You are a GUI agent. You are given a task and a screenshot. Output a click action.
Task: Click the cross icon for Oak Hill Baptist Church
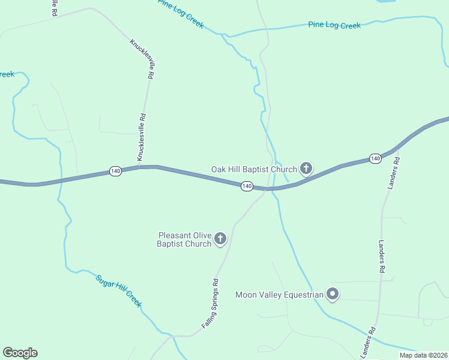tap(306, 168)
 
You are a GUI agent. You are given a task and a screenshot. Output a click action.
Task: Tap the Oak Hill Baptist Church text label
tap(254, 169)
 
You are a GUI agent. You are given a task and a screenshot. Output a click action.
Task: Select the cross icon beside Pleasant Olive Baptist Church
tap(220, 239)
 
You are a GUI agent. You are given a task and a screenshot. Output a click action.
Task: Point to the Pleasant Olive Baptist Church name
tap(184, 239)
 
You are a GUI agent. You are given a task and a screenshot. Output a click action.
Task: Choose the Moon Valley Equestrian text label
tap(279, 295)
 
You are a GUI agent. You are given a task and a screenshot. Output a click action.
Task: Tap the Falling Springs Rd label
tap(209, 303)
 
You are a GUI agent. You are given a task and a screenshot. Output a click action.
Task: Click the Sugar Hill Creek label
tap(119, 290)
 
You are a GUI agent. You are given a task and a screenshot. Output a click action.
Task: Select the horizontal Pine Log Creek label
tap(334, 25)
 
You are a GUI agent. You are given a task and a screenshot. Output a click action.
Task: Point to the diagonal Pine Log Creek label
tap(181, 14)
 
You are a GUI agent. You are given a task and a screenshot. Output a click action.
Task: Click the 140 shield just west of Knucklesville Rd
tap(116, 172)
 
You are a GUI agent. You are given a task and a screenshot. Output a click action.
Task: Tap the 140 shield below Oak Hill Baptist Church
tap(247, 187)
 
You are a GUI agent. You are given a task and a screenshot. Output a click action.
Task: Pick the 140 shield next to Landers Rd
tap(375, 158)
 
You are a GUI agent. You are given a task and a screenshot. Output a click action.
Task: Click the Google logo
tap(20, 353)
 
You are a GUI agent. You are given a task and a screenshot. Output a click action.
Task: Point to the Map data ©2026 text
tap(423, 355)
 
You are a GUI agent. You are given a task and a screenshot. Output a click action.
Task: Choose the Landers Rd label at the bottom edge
tap(368, 343)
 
